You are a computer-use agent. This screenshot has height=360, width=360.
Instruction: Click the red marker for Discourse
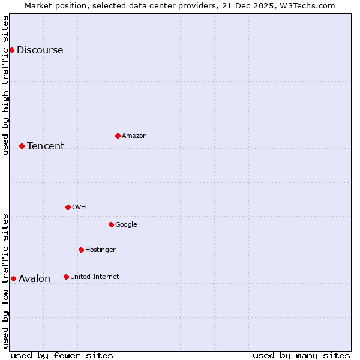pyautogui.click(x=11, y=50)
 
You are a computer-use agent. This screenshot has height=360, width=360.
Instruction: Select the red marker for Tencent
pyautogui.click(x=22, y=146)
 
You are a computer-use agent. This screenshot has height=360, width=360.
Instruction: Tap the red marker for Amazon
pyautogui.click(x=118, y=136)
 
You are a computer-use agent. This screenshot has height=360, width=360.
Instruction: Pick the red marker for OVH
pyautogui.click(x=68, y=207)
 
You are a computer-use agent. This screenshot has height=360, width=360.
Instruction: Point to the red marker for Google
pyautogui.click(x=111, y=224)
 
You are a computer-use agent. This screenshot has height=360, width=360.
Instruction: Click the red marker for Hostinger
pyautogui.click(x=81, y=250)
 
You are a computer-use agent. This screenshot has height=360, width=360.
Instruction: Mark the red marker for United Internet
pyautogui.click(x=66, y=277)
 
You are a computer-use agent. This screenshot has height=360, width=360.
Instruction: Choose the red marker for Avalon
pyautogui.click(x=13, y=278)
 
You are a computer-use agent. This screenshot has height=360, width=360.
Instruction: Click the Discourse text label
pyautogui.click(x=40, y=50)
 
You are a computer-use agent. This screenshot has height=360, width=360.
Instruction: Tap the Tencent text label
pyautogui.click(x=46, y=146)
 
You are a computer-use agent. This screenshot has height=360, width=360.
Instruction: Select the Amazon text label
pyautogui.click(x=134, y=136)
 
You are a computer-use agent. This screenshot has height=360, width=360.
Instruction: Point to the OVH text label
pyautogui.click(x=79, y=208)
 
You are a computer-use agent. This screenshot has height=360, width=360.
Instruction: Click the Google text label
pyautogui.click(x=126, y=225)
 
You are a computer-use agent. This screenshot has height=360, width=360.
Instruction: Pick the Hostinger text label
pyautogui.click(x=100, y=250)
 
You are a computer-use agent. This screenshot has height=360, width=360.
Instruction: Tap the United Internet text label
pyautogui.click(x=94, y=277)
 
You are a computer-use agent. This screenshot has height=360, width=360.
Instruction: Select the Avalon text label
pyautogui.click(x=34, y=279)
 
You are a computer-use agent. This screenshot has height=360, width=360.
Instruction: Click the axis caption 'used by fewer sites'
pyautogui.click(x=62, y=355)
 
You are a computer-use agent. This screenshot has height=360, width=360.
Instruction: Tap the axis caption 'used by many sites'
pyautogui.click(x=301, y=355)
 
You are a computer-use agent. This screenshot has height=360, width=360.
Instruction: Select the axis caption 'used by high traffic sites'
pyautogui.click(x=5, y=85)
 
